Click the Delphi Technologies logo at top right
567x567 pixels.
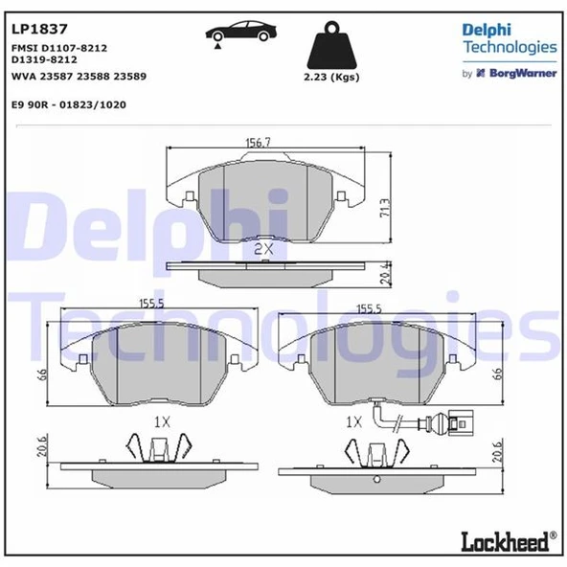pyautogui.click(x=509, y=37)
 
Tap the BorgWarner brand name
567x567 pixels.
pyautogui.click(x=523, y=73)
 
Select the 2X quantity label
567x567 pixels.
pyautogui.click(x=263, y=248)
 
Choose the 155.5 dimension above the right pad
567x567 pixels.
pyautogui.click(x=370, y=308)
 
